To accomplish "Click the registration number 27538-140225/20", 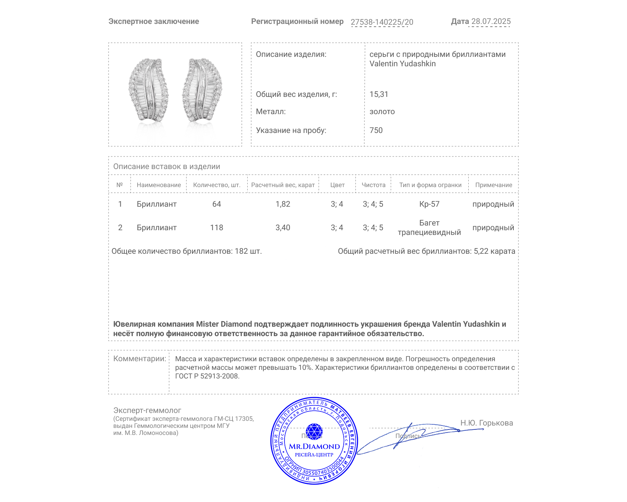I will click(x=382, y=22).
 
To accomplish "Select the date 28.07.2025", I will click(x=491, y=22).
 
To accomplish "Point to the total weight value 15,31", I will click(x=379, y=95).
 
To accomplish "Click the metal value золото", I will click(x=382, y=112).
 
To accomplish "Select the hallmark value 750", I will click(x=376, y=131).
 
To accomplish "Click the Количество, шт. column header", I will click(x=217, y=185).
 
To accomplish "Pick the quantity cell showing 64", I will click(x=217, y=204).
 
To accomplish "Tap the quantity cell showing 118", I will click(x=217, y=228).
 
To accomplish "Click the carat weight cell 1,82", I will click(x=283, y=204).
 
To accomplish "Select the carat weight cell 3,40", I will click(x=283, y=228).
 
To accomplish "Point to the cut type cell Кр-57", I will click(x=429, y=204).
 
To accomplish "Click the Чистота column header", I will click(x=373, y=185).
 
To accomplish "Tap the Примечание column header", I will click(x=493, y=185).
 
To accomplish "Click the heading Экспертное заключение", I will click(x=154, y=22).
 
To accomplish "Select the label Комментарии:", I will click(x=140, y=359).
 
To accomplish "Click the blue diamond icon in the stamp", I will click(x=314, y=431).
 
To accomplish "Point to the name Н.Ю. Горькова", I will click(x=486, y=423).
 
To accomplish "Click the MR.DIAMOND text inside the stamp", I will click(x=314, y=447).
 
